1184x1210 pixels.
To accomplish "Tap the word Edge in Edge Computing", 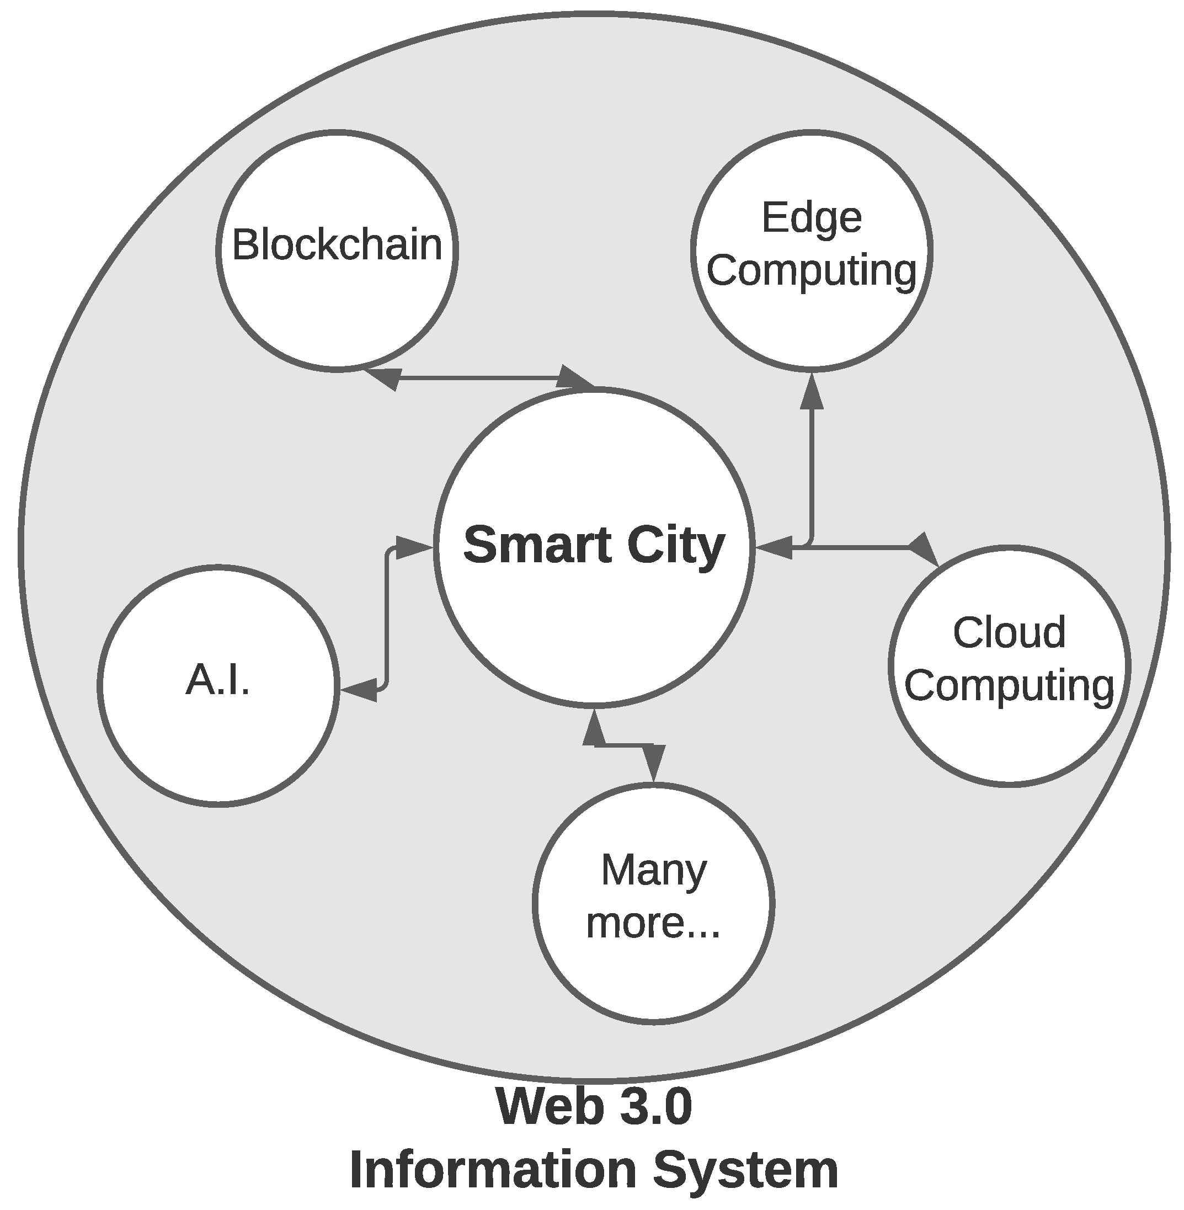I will click(812, 218).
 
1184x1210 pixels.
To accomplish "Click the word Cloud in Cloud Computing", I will click(1009, 633).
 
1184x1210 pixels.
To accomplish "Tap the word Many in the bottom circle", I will click(654, 870).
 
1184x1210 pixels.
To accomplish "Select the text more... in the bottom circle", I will click(654, 922).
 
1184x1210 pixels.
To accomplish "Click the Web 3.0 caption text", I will click(594, 1107).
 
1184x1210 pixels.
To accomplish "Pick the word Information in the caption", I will click(494, 1170).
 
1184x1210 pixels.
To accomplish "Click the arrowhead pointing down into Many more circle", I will click(654, 763).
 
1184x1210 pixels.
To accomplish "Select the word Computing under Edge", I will click(812, 270).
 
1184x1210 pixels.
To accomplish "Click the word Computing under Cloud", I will click(1009, 685).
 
